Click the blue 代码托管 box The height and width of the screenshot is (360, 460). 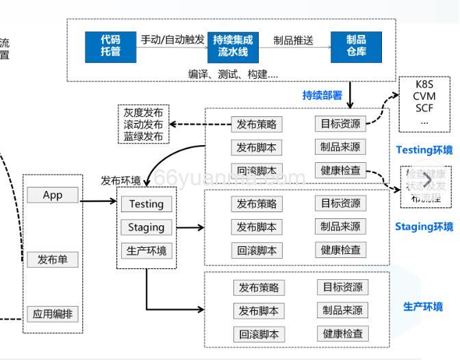point(110,45)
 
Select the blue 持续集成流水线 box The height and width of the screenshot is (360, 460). point(233,45)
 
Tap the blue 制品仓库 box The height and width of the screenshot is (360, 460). point(356,45)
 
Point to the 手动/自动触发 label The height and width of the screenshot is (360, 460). point(172,40)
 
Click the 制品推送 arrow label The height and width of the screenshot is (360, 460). point(293,40)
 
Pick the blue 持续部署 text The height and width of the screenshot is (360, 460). point(322,95)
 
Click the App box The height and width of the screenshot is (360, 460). point(53,195)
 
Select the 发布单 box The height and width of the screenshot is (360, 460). point(53,259)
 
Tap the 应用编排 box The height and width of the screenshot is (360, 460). point(53,314)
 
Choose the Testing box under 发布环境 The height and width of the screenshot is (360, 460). point(146,204)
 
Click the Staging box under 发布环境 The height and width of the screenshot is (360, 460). point(146,227)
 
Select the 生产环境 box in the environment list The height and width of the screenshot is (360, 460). point(146,250)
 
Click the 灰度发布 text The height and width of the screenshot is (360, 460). point(143,112)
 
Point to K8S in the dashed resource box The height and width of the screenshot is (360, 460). point(425,84)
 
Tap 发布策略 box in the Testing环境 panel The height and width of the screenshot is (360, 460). point(257,125)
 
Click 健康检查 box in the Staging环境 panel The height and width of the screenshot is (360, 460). point(340,250)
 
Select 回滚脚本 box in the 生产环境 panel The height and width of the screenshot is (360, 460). point(258,334)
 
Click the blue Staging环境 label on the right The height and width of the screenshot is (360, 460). point(424,227)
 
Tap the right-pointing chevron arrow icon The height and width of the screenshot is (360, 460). point(427,181)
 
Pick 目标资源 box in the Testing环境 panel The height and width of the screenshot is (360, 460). point(340,124)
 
